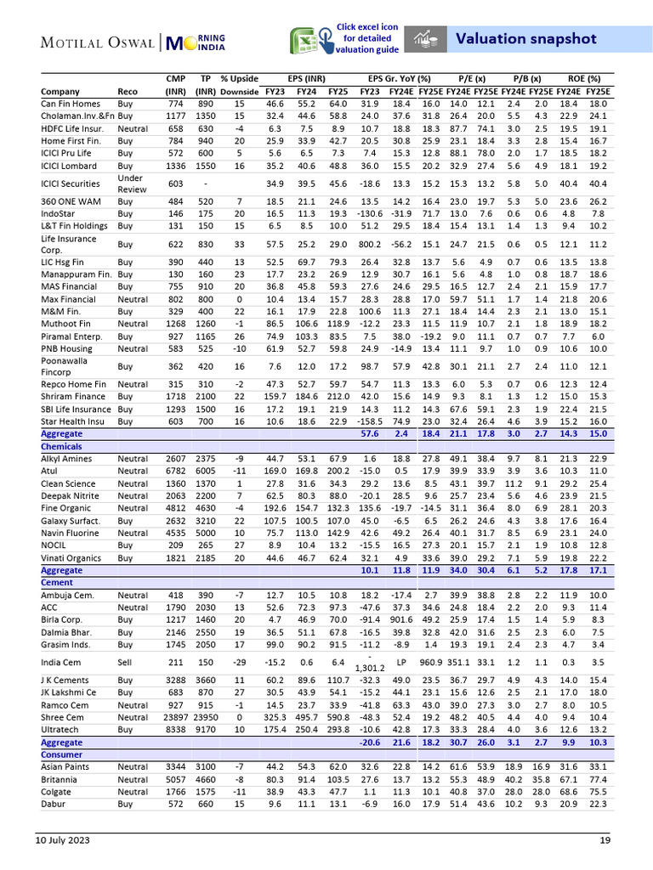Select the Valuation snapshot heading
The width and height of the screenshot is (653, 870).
(x=525, y=38)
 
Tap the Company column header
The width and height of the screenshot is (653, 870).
(x=60, y=91)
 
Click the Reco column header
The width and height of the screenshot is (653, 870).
(x=128, y=91)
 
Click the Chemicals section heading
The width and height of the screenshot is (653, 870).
(x=61, y=445)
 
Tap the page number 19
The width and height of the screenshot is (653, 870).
(x=605, y=840)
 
